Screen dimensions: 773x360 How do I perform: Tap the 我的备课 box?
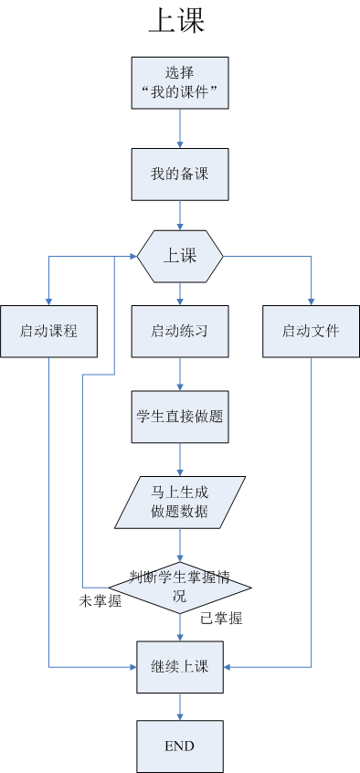(180, 174)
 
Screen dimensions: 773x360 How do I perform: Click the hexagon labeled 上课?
(180, 256)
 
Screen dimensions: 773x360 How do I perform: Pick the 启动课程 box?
(48, 331)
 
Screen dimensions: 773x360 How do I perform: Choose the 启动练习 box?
(180, 331)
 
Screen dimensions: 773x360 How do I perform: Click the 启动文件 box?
(311, 331)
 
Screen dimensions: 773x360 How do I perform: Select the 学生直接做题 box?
(180, 416)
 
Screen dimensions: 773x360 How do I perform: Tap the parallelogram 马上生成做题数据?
(180, 502)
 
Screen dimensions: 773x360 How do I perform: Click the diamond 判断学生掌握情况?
(180, 588)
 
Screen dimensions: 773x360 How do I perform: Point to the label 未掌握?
(100, 601)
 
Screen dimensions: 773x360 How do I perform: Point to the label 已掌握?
(221, 619)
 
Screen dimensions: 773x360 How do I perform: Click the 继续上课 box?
(180, 667)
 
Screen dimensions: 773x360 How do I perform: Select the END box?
(180, 747)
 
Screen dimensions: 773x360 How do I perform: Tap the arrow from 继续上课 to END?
(180, 707)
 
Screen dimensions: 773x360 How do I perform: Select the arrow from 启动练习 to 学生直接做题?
(180, 373)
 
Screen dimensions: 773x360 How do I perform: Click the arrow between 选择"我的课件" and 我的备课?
(180, 129)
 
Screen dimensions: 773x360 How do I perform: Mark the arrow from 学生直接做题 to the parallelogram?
(180, 460)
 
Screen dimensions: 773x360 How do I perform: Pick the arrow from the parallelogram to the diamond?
(180, 545)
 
